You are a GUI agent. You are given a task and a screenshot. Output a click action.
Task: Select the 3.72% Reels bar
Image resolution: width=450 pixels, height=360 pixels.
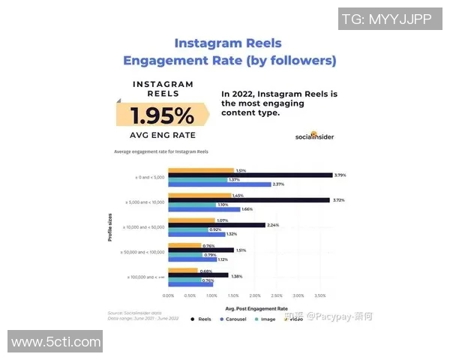tap(248, 200)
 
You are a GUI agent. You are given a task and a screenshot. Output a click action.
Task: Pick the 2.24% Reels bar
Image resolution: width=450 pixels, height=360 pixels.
tap(217, 225)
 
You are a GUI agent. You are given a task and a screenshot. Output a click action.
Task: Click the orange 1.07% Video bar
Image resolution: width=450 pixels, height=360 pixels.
tap(191, 220)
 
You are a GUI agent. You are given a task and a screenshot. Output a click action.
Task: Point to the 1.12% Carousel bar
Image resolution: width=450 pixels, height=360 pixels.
tap(192, 259)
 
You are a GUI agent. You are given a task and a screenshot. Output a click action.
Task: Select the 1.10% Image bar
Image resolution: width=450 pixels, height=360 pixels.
tap(191, 205)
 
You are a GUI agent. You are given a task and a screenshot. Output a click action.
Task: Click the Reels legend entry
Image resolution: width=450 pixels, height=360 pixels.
tap(202, 319)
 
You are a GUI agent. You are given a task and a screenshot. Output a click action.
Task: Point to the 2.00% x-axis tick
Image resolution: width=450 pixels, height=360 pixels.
tap(255, 295)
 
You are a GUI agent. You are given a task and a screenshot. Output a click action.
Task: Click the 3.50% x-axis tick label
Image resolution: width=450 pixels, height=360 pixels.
tap(319, 295)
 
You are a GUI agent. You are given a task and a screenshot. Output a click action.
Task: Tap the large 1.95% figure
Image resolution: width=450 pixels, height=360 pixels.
tap(162, 115)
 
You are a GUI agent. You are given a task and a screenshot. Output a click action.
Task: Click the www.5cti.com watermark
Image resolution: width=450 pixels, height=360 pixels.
tap(56, 342)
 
